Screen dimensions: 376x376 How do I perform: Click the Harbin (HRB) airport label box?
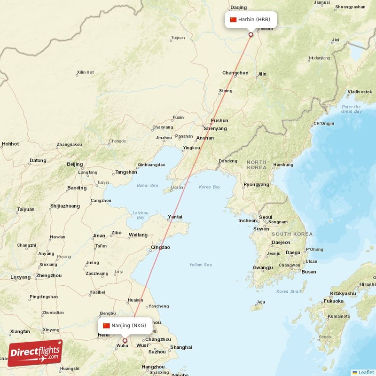coord(251,20)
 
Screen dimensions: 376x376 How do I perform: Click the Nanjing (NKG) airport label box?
coord(125,325)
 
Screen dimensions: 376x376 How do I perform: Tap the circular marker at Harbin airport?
coord(251,34)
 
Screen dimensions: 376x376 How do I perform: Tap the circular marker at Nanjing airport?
coord(125,341)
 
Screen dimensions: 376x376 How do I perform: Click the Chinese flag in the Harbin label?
coord(233,20)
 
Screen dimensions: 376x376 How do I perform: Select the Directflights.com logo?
coord(35,353)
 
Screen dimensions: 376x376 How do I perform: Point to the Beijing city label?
coord(75,164)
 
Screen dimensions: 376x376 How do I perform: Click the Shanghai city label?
coord(181,347)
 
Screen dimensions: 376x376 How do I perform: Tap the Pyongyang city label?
coord(256,185)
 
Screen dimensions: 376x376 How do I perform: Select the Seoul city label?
coord(266,217)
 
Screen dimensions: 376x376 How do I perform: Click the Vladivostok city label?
coord(360,91)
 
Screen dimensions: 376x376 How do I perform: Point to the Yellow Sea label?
coord(200,265)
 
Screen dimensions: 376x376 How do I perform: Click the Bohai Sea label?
coord(148,185)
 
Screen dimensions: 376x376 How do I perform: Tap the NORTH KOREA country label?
coord(256,164)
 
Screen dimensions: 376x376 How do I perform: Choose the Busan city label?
coord(309,272)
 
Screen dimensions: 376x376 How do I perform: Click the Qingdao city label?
coord(160,247)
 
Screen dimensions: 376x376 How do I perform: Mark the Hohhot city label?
coord(10,144)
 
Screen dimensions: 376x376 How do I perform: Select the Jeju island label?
coord(261,302)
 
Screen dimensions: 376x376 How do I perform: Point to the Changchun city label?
coord(235,73)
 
